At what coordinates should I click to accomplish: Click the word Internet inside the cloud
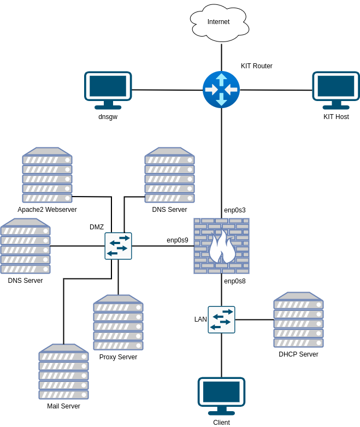tap(219, 22)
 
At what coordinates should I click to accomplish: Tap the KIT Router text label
tap(257, 66)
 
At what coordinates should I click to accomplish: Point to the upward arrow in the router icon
tap(221, 79)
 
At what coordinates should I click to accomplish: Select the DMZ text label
tap(97, 227)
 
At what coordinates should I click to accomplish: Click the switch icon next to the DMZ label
tap(118, 246)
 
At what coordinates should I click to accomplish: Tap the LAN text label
tap(200, 319)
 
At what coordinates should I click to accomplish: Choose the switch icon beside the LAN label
tap(221, 319)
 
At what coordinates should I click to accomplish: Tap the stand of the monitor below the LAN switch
tap(221, 411)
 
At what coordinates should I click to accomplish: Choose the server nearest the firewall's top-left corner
tap(169, 175)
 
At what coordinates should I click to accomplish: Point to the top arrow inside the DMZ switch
tap(123, 239)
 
